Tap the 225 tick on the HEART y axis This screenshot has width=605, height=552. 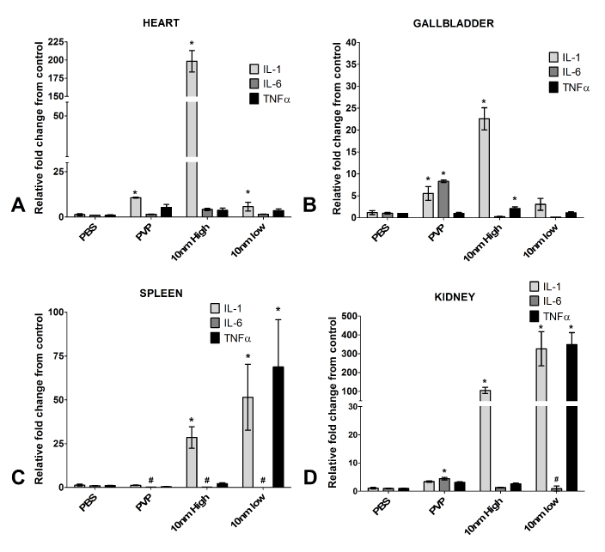coord(58,42)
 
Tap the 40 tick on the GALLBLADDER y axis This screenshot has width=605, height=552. coord(350,41)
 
